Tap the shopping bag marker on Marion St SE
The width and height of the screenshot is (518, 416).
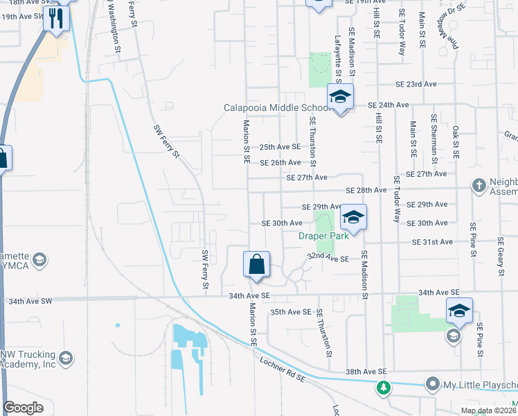pyautogui.click(x=256, y=265)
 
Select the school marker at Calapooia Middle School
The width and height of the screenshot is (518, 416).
pyautogui.click(x=340, y=98)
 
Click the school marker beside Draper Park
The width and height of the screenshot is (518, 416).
pyautogui.click(x=352, y=218)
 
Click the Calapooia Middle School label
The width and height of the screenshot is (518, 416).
pyautogui.click(x=275, y=107)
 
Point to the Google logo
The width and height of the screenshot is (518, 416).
pyautogui.click(x=24, y=408)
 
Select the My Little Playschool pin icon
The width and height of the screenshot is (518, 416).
pyautogui.click(x=433, y=383)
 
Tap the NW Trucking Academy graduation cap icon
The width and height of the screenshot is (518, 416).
pyautogui.click(x=66, y=358)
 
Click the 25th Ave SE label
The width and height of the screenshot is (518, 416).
pyautogui.click(x=280, y=147)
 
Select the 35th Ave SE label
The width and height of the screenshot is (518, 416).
pyautogui.click(x=291, y=312)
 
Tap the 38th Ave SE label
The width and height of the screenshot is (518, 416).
pyautogui.click(x=363, y=372)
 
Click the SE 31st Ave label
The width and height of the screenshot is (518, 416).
pyautogui.click(x=432, y=242)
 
